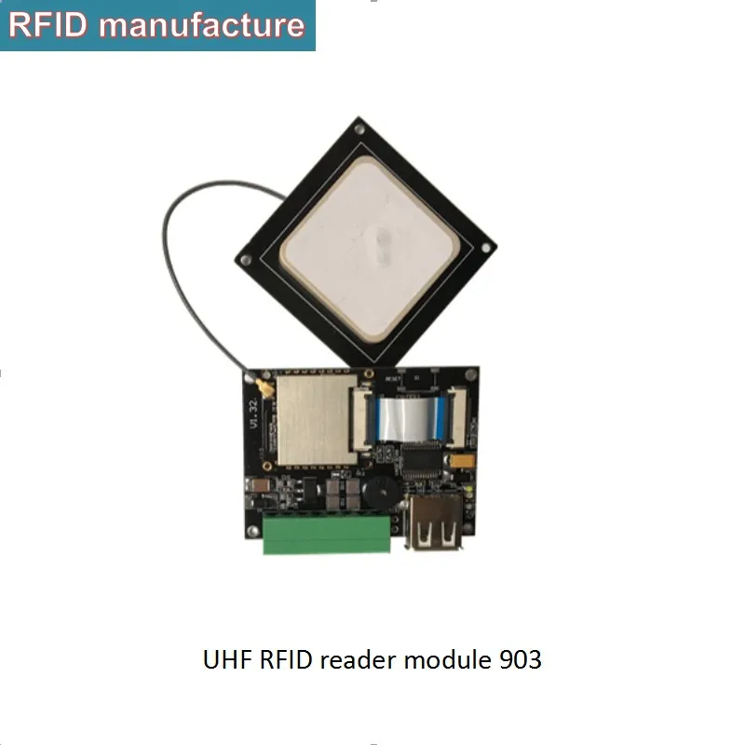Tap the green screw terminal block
point(327,536)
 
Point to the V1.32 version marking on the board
point(253,411)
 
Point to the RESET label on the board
point(392,379)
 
